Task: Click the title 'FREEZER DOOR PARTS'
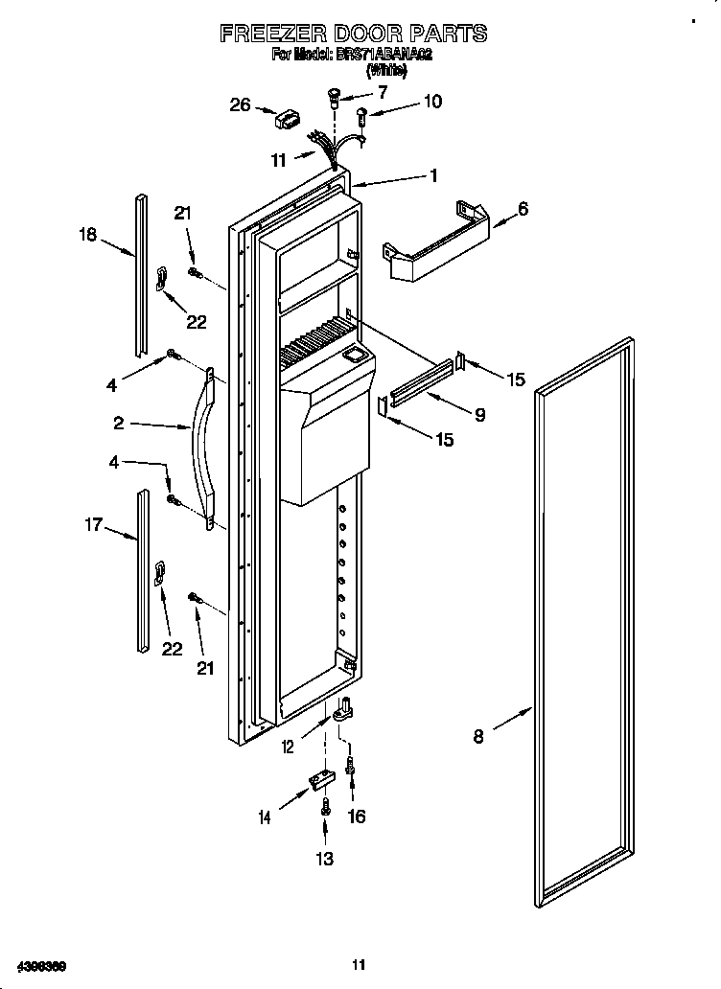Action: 353,34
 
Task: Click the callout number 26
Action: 241,104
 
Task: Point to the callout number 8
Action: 478,736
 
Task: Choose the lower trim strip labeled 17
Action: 143,571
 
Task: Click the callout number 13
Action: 325,858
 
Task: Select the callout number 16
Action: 356,816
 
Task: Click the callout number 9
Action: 478,415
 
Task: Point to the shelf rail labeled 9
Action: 420,381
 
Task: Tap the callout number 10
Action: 432,101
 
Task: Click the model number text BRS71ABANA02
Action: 383,55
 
